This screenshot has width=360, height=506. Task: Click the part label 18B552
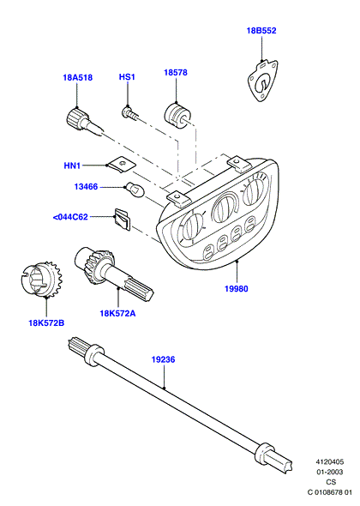pyautogui.click(x=261, y=31)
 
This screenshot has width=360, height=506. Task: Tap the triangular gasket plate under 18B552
pyautogui.click(x=262, y=81)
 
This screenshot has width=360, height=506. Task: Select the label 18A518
pyautogui.click(x=77, y=77)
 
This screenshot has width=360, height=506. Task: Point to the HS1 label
pyautogui.click(x=127, y=77)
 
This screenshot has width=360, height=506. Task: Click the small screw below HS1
pyautogui.click(x=130, y=113)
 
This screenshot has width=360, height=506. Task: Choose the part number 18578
pyautogui.click(x=176, y=73)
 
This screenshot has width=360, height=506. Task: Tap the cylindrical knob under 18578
pyautogui.click(x=177, y=115)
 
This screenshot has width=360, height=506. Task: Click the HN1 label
pyautogui.click(x=72, y=166)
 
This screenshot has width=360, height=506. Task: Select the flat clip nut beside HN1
pyautogui.click(x=122, y=165)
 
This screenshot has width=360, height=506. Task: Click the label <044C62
pyautogui.click(x=70, y=217)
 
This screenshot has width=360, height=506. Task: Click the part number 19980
pyautogui.click(x=237, y=289)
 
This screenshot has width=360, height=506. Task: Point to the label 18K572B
pyautogui.click(x=46, y=322)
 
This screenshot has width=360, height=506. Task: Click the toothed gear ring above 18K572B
pyautogui.click(x=41, y=279)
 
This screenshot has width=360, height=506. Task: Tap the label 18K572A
pyautogui.click(x=117, y=313)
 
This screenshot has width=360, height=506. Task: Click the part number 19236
pyautogui.click(x=163, y=359)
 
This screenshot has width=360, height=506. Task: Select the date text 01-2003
pyautogui.click(x=330, y=472)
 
